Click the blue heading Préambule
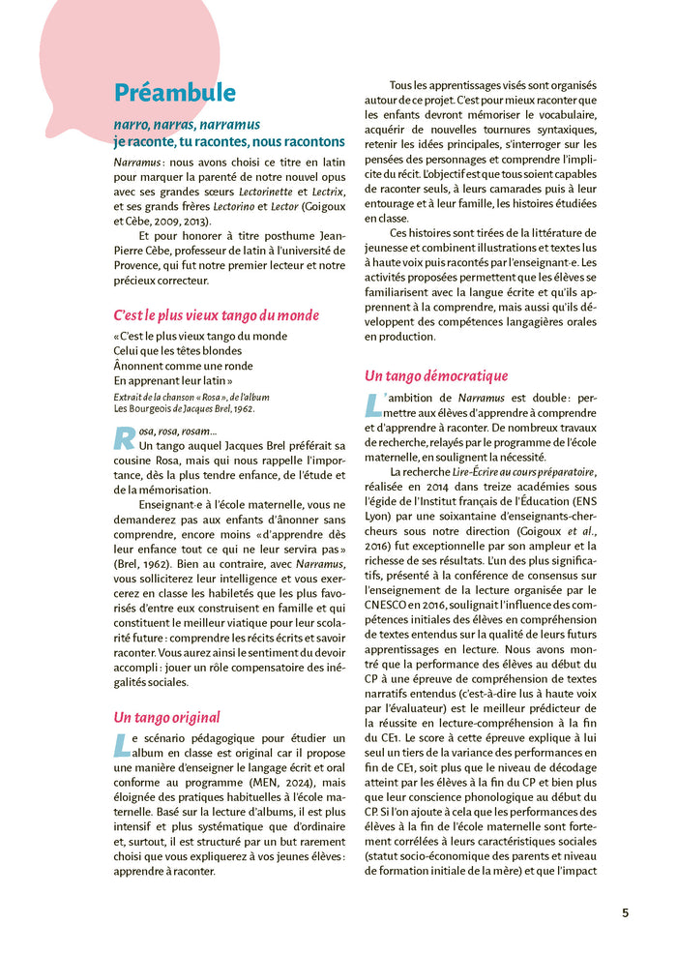coord(174,93)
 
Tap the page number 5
coord(625,912)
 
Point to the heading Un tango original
coord(166,717)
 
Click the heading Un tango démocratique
coord(436,375)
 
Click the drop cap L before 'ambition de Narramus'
coord(373,404)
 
